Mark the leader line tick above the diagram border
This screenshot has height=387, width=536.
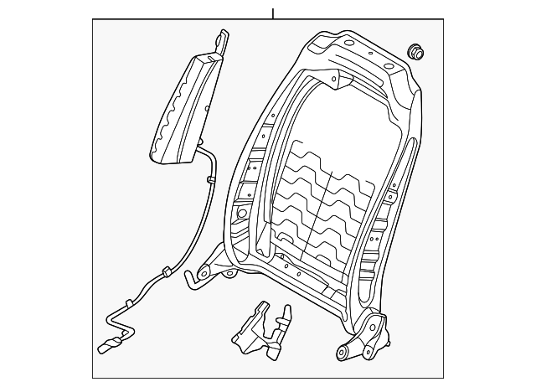pos(273,13)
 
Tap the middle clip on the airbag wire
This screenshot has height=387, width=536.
pos(167,271)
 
